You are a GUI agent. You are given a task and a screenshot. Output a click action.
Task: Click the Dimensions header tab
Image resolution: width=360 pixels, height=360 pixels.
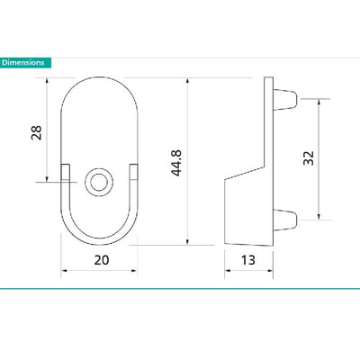click(x=25, y=63)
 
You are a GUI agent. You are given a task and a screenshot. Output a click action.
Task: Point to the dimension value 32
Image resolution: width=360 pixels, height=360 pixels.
click(x=308, y=157)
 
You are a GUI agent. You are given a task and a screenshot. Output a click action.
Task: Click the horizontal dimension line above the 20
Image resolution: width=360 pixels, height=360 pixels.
click(x=99, y=269)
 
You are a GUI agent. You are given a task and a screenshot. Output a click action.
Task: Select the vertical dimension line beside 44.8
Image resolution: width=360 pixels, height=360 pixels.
click(x=186, y=161)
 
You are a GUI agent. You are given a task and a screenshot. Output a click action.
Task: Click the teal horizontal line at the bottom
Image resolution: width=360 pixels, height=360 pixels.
click(x=180, y=289)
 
